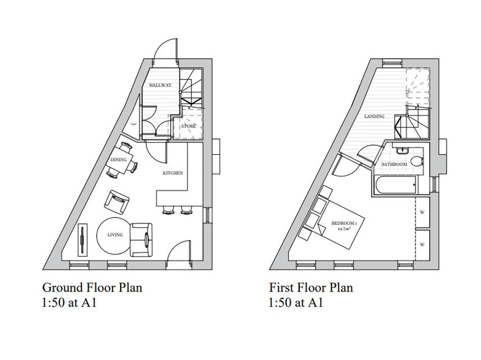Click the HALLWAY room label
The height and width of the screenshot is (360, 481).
point(160,86)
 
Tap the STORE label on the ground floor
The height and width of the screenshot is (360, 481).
point(188,126)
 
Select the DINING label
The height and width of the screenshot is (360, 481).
point(117,160)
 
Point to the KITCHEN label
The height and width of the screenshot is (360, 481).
point(173,174)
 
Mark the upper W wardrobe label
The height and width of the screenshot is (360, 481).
point(423,214)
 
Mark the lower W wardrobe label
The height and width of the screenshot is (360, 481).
point(423,244)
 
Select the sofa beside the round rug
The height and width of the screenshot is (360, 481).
point(141,236)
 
